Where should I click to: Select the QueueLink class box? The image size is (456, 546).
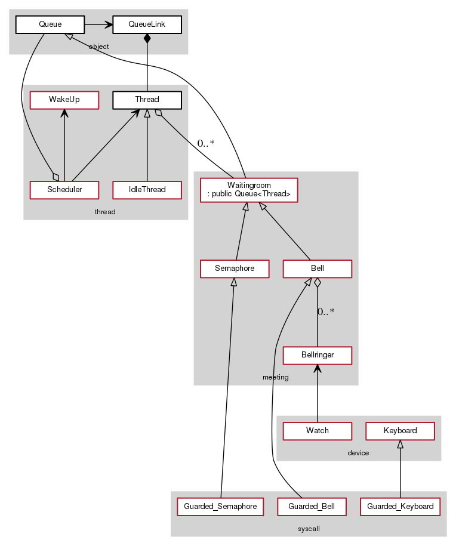[147, 24]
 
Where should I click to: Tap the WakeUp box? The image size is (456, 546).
[64, 99]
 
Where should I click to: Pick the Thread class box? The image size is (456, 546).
[147, 99]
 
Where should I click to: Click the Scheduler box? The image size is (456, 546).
[64, 190]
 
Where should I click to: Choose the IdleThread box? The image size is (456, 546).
[147, 190]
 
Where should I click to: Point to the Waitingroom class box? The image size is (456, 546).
[248, 190]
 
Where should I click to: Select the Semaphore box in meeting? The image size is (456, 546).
[235, 269]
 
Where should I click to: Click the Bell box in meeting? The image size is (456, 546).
[318, 269]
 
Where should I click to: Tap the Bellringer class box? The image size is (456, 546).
[318, 355]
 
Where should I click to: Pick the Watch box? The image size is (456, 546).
[318, 430]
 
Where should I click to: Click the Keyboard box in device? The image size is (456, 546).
[400, 430]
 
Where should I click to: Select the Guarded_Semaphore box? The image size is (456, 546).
[221, 507]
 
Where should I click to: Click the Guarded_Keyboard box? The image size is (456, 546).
[400, 507]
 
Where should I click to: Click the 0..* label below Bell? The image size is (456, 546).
[325, 311]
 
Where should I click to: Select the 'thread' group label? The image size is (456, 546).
[105, 212]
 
